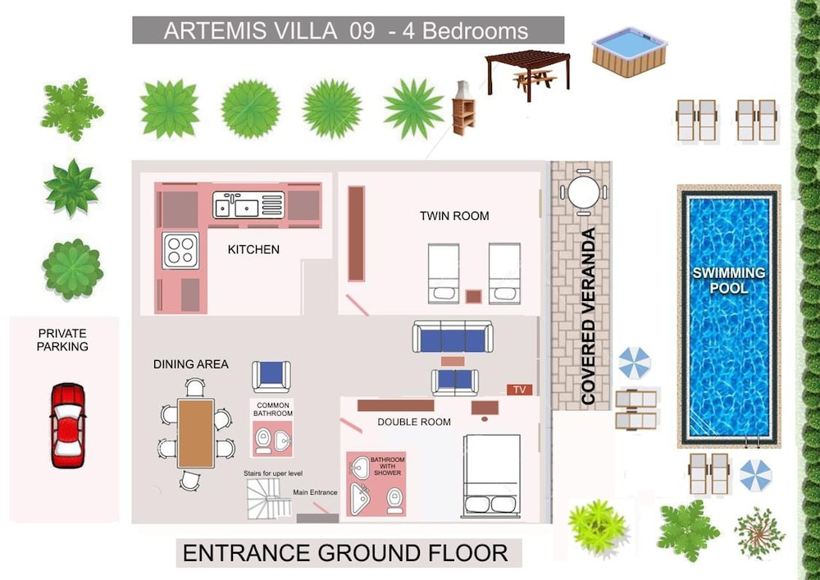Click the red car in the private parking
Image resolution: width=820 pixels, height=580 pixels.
click(68, 425)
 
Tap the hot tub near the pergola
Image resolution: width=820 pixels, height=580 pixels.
click(630, 53)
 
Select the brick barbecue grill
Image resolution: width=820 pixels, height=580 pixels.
click(463, 108)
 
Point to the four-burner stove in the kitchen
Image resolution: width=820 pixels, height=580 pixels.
click(180, 250)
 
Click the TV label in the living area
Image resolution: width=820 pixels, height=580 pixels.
click(519, 390)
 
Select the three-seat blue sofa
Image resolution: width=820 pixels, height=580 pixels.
click(453, 336)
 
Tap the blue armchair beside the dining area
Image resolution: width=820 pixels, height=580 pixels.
click(271, 376)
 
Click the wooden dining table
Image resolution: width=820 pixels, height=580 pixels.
click(196, 433)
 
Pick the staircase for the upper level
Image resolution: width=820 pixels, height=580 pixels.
click(269, 499)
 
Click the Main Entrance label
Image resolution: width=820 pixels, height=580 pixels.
click(315, 492)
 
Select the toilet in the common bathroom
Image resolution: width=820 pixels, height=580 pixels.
click(263, 441)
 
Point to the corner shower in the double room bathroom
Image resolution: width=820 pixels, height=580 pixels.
click(360, 499)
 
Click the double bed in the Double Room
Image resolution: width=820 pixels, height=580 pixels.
click(491, 476)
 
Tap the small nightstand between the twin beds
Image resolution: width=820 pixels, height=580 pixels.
click(473, 296)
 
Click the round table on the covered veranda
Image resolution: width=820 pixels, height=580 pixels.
click(584, 193)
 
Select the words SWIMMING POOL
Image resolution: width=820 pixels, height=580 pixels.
click(728, 281)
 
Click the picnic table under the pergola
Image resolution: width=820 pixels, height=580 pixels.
click(535, 80)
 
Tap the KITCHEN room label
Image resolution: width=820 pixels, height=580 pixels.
click(253, 249)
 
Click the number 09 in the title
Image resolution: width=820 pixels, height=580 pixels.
click(362, 31)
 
